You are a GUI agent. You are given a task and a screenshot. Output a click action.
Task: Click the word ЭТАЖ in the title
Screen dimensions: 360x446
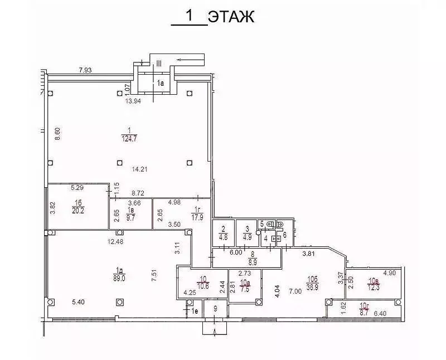tap(231, 17)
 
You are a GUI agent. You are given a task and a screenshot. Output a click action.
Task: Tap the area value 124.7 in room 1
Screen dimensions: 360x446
tap(130, 139)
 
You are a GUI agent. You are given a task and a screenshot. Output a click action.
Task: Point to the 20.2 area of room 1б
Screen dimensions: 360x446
tap(77, 211)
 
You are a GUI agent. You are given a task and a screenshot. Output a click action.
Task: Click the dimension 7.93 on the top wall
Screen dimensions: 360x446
tap(85, 70)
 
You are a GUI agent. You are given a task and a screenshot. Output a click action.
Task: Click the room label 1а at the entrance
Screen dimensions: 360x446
tap(161, 83)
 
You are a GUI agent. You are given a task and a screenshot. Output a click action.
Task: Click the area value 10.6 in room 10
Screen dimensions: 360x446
tap(203, 287)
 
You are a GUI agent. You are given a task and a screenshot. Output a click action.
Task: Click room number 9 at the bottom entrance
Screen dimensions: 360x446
tap(216, 308)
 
